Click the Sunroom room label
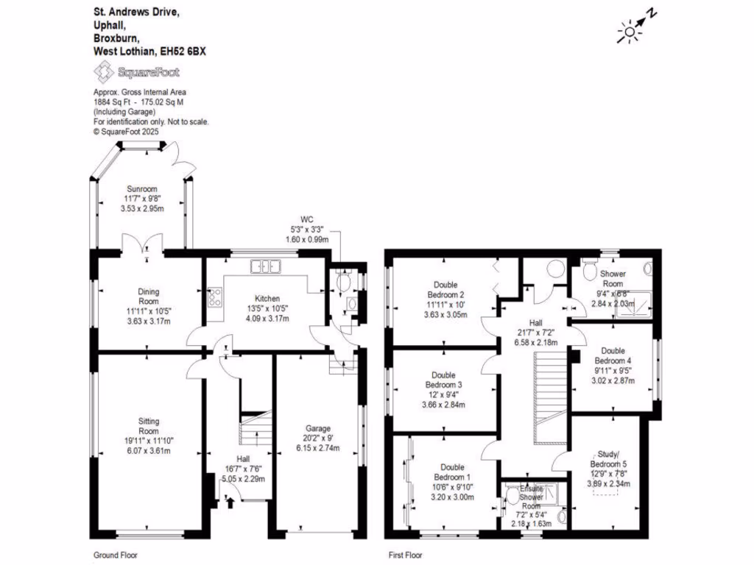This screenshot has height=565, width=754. pyautogui.click(x=141, y=189)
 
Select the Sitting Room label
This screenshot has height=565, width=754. pyautogui.click(x=149, y=421)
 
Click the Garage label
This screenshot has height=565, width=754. pyautogui.click(x=318, y=428)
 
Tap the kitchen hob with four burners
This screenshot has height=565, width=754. pyautogui.click(x=216, y=298)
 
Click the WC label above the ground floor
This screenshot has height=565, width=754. pyautogui.click(x=307, y=218)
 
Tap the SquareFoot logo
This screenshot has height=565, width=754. pyautogui.click(x=136, y=71)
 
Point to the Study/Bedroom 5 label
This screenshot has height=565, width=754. pyautogui.click(x=609, y=463)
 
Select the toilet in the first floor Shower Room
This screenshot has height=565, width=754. pyautogui.click(x=589, y=271)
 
